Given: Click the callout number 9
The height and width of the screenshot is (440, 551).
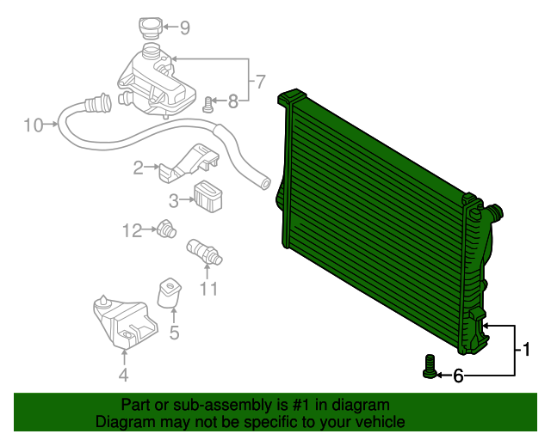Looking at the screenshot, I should [183, 27].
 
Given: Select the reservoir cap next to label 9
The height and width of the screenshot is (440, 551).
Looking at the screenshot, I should [148, 27].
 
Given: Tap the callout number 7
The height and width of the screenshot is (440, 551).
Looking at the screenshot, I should [261, 82].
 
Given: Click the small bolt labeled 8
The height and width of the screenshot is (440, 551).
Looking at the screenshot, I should [207, 106].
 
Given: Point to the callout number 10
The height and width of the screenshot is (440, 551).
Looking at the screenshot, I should [33, 125].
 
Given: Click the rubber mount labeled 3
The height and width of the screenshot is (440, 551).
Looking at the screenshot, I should [208, 196].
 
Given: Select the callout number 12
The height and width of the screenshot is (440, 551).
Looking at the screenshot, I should [132, 229].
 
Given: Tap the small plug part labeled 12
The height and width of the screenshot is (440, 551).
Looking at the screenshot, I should [166, 229].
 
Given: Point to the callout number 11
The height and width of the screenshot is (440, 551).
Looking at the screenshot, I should [209, 289].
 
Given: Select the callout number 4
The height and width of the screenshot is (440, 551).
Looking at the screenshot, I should [124, 375].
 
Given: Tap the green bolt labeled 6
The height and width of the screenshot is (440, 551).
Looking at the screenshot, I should [430, 367].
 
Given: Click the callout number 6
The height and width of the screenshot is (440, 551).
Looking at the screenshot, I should [458, 376].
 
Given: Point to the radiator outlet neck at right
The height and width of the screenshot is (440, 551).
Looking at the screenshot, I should [494, 211].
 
